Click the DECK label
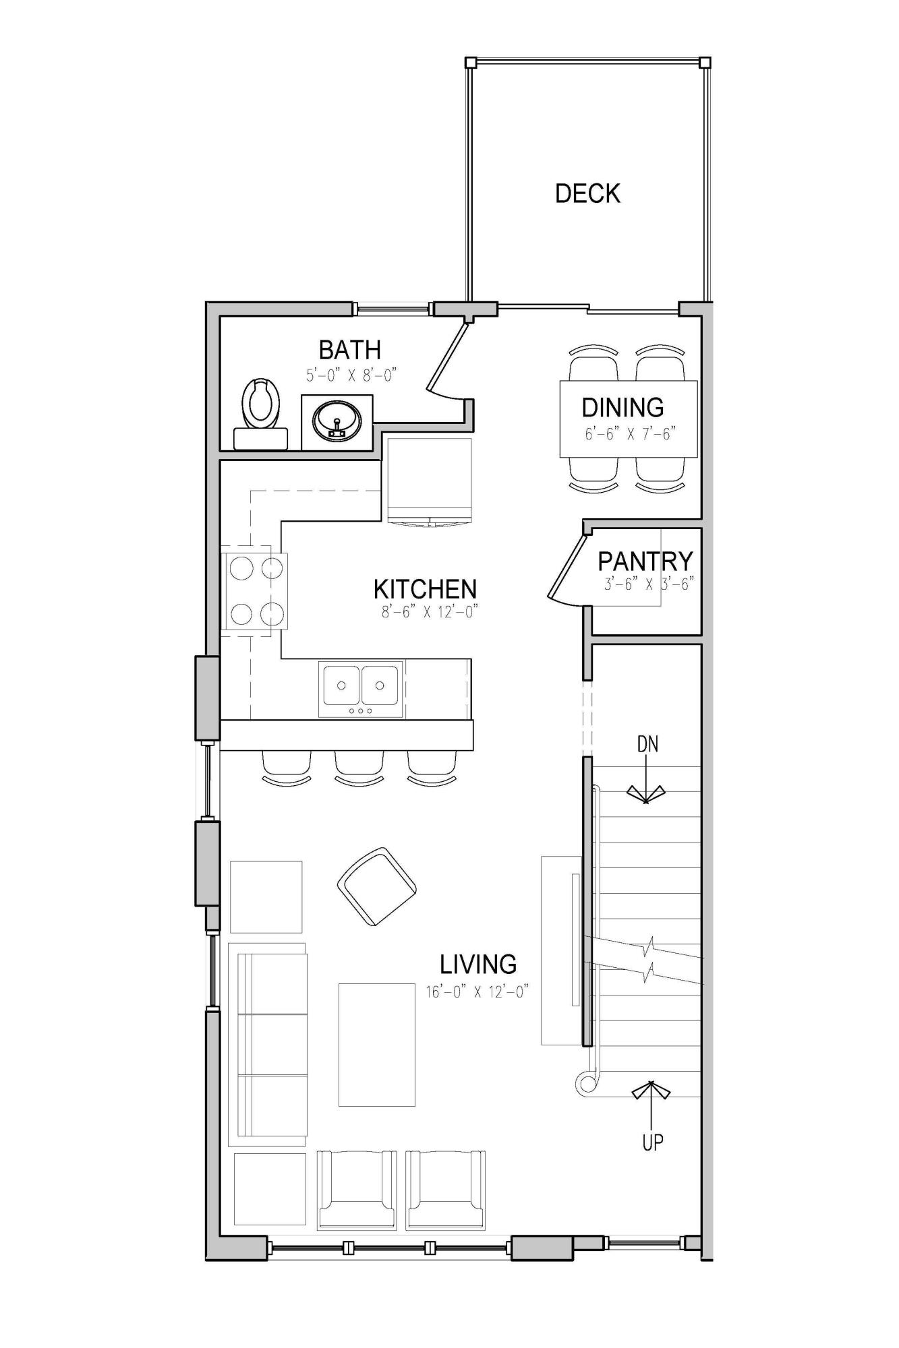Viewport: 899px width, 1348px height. [587, 193]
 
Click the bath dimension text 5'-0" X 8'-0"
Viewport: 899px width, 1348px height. [351, 375]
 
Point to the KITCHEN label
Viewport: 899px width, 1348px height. [425, 589]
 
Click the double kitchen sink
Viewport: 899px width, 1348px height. [361, 687]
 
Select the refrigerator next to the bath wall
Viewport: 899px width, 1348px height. [430, 480]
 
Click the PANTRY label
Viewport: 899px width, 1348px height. [645, 561]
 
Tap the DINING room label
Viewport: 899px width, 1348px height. [622, 407]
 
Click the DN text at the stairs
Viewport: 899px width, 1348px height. [647, 744]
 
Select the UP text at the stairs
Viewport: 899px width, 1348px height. [652, 1142]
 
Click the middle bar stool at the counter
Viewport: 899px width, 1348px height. [359, 766]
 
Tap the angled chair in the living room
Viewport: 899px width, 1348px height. [376, 886]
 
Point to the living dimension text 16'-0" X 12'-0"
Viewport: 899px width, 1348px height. [477, 991]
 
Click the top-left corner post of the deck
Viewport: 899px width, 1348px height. [471, 63]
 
